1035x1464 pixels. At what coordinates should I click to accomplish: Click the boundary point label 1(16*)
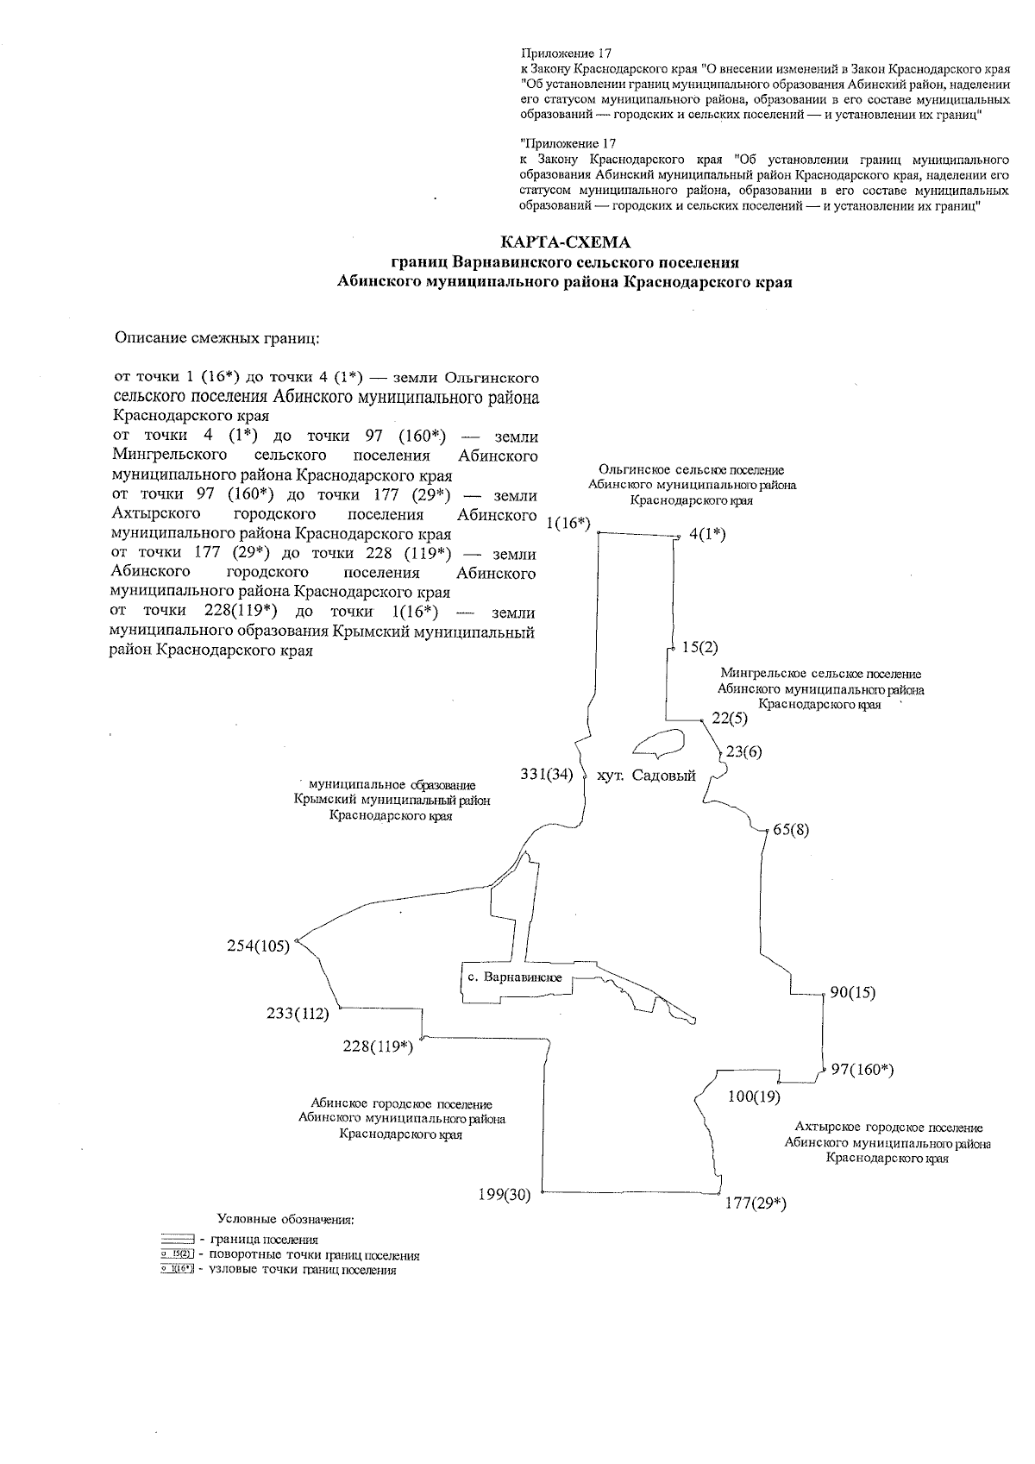coord(568,523)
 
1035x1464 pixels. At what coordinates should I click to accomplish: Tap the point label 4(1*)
coord(707,534)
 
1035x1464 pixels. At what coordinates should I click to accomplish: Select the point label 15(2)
coord(699,647)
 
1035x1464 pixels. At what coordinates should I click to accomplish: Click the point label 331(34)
coord(547,775)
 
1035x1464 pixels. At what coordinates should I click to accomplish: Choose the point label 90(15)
coord(852,992)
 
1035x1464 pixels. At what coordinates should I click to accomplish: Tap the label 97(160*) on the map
coord(862,1070)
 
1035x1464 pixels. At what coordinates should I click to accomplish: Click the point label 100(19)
coord(754,1097)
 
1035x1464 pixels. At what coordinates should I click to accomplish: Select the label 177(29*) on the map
coord(755,1203)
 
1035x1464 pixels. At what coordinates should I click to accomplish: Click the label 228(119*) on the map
coord(378,1046)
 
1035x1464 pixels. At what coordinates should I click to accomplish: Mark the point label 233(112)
coord(298,1014)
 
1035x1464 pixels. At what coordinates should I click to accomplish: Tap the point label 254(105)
coord(258,946)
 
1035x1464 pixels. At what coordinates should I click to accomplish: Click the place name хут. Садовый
coord(646,776)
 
